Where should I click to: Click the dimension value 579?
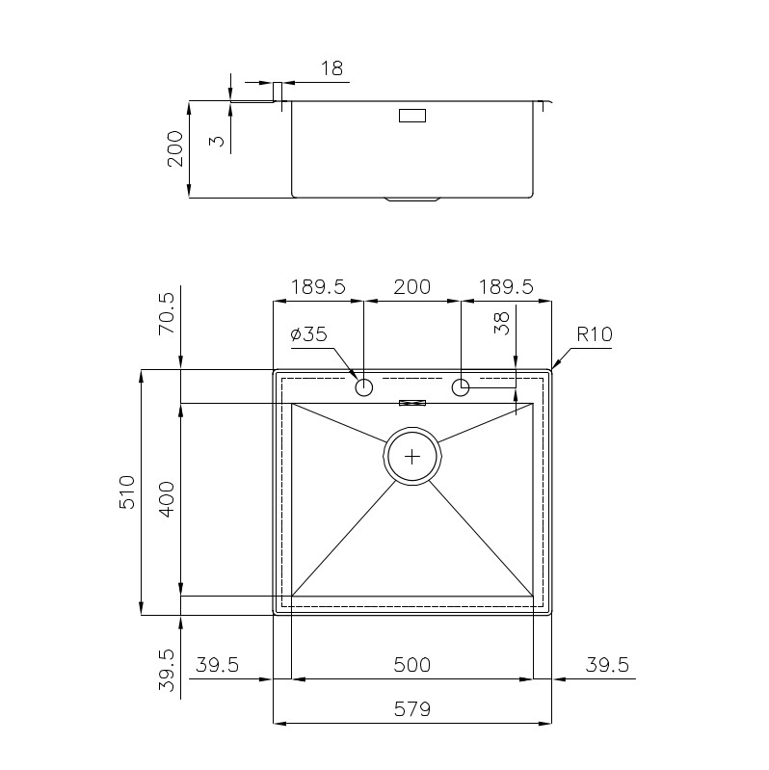[412, 708]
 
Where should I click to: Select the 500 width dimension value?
[412, 664]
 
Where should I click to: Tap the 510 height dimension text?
[126, 492]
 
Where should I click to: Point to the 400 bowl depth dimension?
[168, 499]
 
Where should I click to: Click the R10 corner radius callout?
[595, 334]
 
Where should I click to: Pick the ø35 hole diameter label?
[308, 334]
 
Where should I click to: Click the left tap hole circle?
[364, 387]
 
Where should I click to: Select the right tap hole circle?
[461, 387]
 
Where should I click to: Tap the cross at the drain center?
[412, 457]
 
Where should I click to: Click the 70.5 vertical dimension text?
[167, 313]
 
